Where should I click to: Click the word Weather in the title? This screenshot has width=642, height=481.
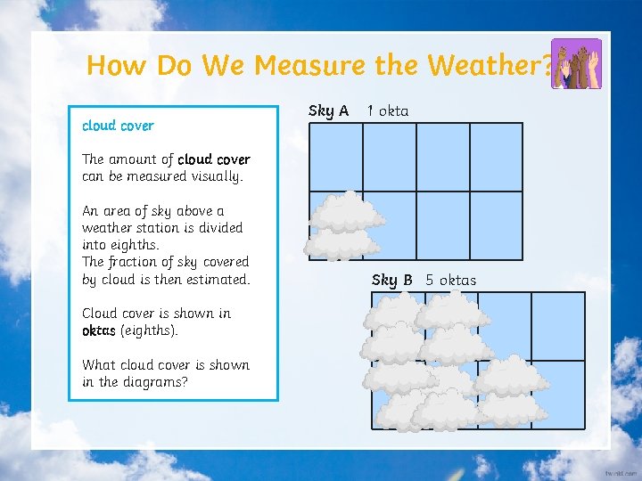coord(490,65)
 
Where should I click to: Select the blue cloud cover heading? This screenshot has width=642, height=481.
coord(118,126)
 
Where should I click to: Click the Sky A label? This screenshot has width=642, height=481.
coord(328,110)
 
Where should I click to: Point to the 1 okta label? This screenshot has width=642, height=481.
coord(388,110)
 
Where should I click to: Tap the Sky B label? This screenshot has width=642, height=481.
coord(391,280)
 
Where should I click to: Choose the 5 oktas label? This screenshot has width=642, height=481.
coord(451,280)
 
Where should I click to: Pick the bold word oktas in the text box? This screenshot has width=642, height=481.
coord(99,330)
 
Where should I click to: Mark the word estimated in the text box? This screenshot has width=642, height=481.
coord(217,279)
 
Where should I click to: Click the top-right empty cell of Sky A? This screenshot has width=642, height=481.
coord(496,157)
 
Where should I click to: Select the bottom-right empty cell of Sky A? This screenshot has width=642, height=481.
coord(496,225)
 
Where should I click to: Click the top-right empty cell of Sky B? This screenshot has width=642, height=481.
coord(557,326)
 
